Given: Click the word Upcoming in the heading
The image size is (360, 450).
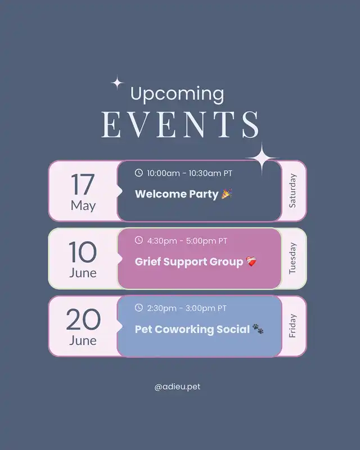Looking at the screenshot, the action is [177, 94].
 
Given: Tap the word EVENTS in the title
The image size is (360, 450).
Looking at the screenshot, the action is [181, 124].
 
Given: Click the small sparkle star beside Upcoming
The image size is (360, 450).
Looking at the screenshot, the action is [117, 83].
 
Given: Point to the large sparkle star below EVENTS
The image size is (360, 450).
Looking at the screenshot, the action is [262, 157].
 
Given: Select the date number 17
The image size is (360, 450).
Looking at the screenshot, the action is [83, 184].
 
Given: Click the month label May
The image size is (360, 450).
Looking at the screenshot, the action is [83, 206].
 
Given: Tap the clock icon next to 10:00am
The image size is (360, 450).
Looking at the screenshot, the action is [139, 173].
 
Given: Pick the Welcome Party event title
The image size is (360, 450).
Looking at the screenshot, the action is [177, 194].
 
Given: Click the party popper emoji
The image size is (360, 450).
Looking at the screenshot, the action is [227, 193].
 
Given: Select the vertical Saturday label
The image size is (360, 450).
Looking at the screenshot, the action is [292, 191].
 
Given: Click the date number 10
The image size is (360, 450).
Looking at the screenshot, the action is [83, 252].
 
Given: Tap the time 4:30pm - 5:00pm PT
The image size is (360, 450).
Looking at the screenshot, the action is [187, 241].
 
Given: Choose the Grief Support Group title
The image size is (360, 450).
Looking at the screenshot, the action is [189, 262].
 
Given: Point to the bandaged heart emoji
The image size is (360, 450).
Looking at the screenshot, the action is [251, 262].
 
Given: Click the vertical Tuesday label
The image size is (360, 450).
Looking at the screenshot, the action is [292, 258].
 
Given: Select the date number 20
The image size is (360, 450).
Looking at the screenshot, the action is [83, 319].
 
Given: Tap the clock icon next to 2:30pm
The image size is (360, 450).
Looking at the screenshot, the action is [139, 308].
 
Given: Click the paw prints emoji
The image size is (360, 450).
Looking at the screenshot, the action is [258, 329].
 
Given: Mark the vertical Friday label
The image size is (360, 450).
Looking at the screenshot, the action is [292, 326].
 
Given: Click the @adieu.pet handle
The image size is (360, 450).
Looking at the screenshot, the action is [177, 387].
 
